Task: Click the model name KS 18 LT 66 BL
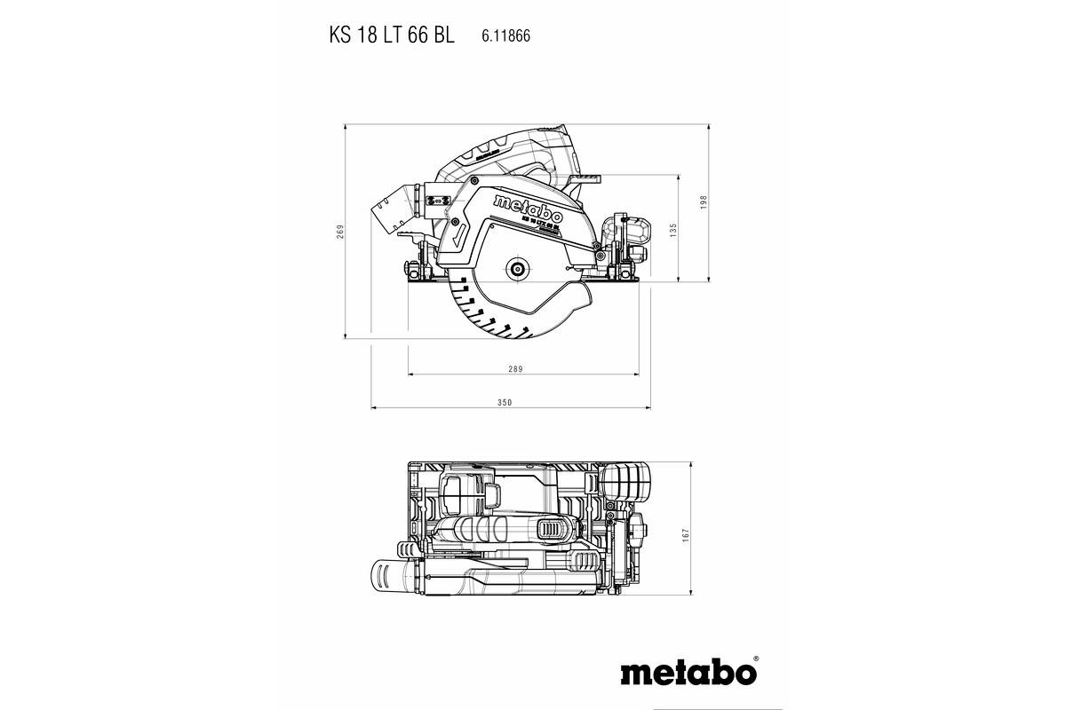(x=391, y=35)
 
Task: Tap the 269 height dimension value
(x=339, y=232)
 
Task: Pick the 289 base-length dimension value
(x=516, y=369)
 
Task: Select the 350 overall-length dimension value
(x=505, y=402)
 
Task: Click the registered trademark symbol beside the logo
(x=755, y=659)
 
